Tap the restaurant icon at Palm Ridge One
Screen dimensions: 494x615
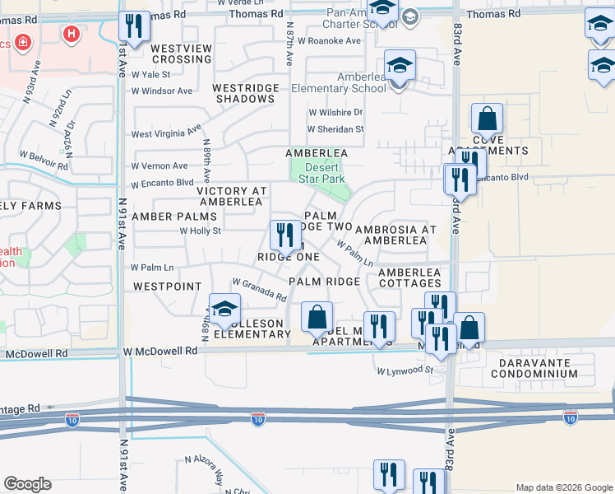(x=285, y=235)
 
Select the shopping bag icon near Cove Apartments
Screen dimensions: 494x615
(x=487, y=119)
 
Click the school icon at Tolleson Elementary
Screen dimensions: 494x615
(x=223, y=310)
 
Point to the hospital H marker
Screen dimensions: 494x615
(x=72, y=34)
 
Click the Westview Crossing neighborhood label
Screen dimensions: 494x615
(x=182, y=54)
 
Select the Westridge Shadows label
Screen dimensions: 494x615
(x=243, y=92)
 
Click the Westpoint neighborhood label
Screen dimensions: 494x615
(x=167, y=287)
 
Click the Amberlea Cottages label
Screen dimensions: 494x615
(x=409, y=277)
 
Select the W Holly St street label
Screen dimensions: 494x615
(x=201, y=231)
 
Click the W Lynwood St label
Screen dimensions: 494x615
(x=405, y=371)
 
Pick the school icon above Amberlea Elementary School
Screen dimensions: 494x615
(x=400, y=66)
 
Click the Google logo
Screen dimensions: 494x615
(x=27, y=484)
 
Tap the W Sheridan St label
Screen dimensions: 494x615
(x=335, y=129)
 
